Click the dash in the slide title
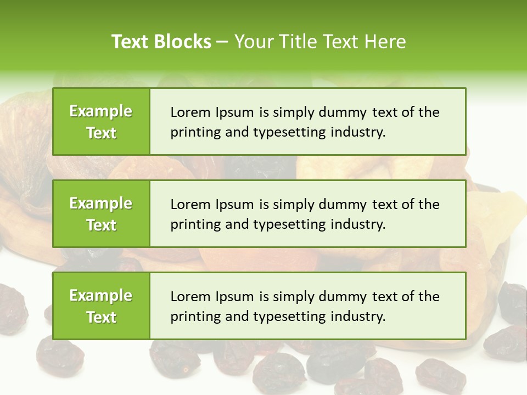pyautogui.click(x=222, y=42)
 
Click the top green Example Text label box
pyautogui.click(x=101, y=121)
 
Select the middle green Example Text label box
pyautogui.click(x=101, y=213)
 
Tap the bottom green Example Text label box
pyautogui.click(x=101, y=306)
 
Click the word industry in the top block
pyautogui.click(x=358, y=132)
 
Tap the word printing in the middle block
pyautogui.click(x=192, y=224)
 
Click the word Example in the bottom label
pyautogui.click(x=101, y=296)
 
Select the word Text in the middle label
pyautogui.click(x=101, y=225)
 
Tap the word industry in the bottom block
pyautogui.click(x=358, y=317)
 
